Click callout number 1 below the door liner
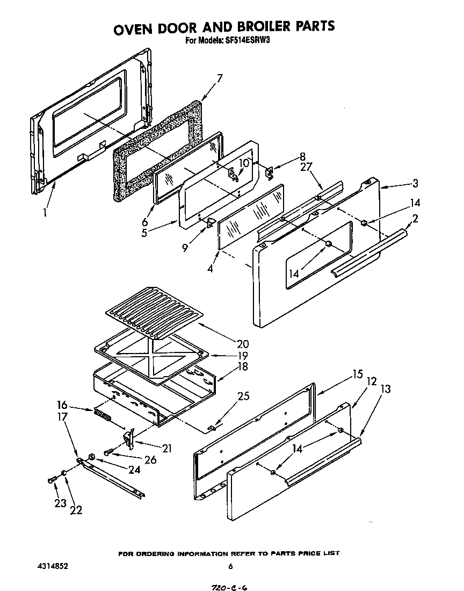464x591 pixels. [46, 212]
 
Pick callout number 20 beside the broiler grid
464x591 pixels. [243, 344]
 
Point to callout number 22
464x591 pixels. [76, 510]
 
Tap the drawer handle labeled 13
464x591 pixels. [322, 462]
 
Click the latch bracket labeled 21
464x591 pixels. [129, 438]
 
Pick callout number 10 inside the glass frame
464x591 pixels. [244, 163]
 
